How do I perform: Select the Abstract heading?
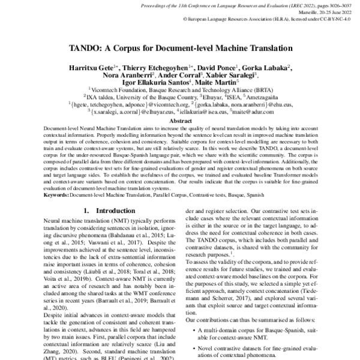tap(179, 120)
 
